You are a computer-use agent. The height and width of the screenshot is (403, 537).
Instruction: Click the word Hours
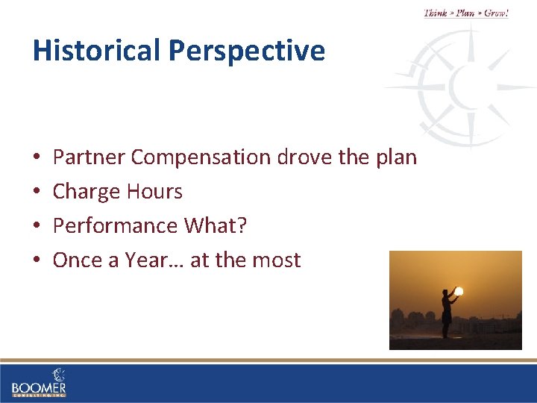pyautogui.click(x=154, y=192)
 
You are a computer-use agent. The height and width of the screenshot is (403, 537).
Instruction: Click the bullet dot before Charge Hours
pyautogui.click(x=37, y=193)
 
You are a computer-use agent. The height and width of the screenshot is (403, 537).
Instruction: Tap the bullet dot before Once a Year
pyautogui.click(x=37, y=261)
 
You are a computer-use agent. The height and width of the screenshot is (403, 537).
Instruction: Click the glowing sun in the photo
pyautogui.click(x=459, y=291)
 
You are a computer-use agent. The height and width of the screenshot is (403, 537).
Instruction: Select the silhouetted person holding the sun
pyautogui.click(x=447, y=313)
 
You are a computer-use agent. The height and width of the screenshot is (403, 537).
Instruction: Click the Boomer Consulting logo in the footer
pyautogui.click(x=39, y=382)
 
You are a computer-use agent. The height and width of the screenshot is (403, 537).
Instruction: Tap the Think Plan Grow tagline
pyautogui.click(x=466, y=13)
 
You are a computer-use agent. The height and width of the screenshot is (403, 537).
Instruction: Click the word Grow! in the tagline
pyautogui.click(x=496, y=13)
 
